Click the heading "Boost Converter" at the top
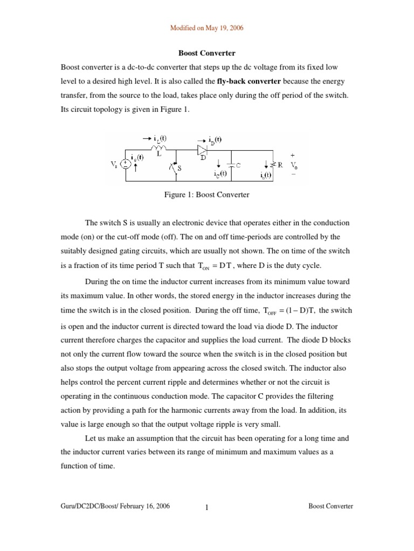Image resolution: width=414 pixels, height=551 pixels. (207, 54)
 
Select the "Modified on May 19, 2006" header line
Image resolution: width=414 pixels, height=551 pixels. (207, 28)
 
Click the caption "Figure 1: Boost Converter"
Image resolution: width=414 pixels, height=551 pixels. (206, 195)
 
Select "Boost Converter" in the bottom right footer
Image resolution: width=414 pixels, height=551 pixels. (330, 506)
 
